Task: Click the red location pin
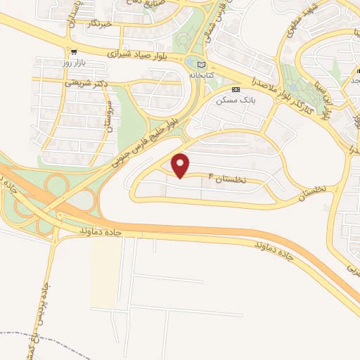[181, 165]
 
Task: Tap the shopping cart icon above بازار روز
[74, 51]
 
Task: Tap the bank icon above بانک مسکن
[236, 90]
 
